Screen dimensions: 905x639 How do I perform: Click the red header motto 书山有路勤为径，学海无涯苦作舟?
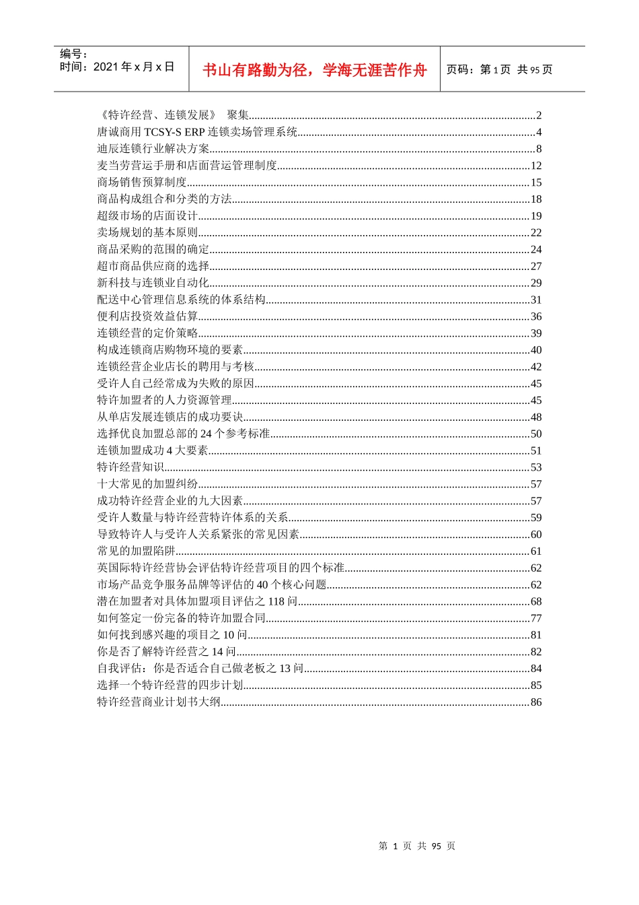coord(314,70)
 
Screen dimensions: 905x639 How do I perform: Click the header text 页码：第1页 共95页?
coord(499,69)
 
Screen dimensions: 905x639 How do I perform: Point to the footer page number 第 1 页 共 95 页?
coord(417,846)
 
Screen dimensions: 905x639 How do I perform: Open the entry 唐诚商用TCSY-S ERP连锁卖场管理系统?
coord(197,132)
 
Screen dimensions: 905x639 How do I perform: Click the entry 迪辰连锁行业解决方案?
coord(153,149)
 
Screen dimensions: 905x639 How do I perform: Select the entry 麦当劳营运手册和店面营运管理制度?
coord(187,166)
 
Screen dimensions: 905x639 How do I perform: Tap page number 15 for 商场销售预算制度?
coord(535,182)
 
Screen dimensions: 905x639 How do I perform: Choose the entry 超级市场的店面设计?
coord(147,215)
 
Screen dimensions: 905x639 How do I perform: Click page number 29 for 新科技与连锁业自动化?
coord(535,283)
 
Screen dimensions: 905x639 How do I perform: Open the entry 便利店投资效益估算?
coord(147,316)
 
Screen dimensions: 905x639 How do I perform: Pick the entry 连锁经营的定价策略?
coord(147,333)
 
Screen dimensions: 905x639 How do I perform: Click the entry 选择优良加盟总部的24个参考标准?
coord(183,434)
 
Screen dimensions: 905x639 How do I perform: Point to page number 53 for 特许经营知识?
coord(535,467)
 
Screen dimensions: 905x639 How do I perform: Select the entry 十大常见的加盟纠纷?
coord(147,484)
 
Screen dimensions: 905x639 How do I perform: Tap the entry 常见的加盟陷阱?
coord(136,551)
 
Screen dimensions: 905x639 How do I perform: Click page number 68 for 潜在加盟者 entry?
coord(535,601)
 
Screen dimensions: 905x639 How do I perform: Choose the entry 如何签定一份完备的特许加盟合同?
coord(181,618)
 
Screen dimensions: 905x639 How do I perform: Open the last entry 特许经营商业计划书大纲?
coord(159,702)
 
